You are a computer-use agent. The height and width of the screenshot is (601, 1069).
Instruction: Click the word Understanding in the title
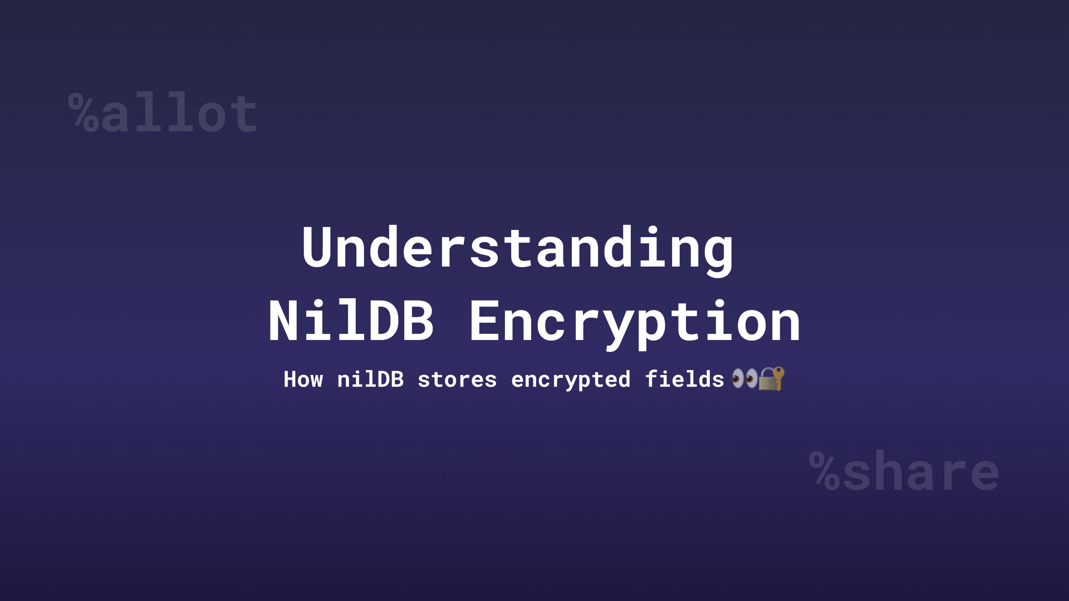coord(518,248)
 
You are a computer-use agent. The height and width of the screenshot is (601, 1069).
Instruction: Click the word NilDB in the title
coord(351,322)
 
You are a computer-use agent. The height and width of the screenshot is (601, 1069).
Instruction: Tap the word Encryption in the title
coord(635,322)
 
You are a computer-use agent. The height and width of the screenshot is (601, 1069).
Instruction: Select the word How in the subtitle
coord(303,380)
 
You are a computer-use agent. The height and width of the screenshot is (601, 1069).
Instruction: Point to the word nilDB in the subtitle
coord(370,380)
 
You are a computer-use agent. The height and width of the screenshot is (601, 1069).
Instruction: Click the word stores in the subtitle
coord(457,380)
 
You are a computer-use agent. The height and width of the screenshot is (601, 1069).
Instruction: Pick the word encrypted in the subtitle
coord(571,380)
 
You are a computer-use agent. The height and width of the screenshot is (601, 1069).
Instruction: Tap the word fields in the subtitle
coord(684,380)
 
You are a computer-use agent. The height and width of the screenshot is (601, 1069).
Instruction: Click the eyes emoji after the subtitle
coord(744,379)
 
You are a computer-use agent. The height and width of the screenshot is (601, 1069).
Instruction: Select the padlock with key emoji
coord(772,379)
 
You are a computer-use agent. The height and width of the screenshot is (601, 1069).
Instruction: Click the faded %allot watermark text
coord(163,114)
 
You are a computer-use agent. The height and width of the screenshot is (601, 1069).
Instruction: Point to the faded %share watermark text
coord(904,472)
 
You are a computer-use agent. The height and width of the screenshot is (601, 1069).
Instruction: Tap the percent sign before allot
coord(84,114)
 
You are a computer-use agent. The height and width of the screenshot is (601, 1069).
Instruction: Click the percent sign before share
coord(825,471)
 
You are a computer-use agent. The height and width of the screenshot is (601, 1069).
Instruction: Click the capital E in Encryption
coord(485,322)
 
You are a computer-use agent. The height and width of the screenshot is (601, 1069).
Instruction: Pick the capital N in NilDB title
coord(285,322)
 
